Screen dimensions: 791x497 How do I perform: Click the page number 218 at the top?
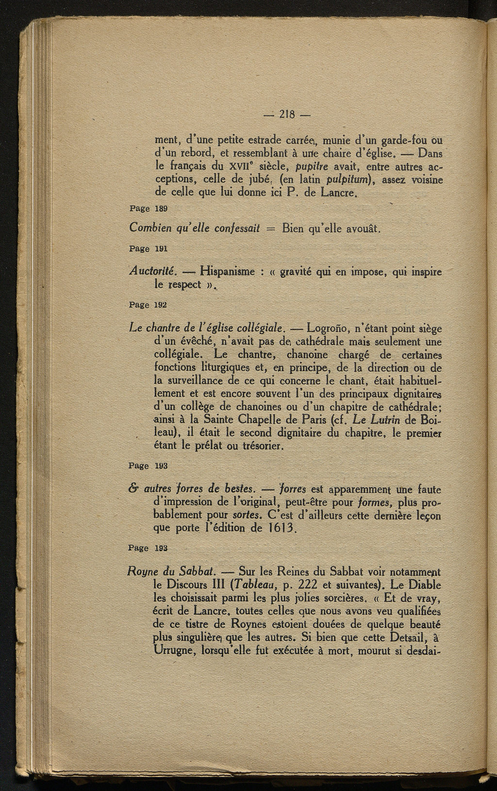point(288,115)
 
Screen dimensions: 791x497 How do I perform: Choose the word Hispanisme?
point(228,272)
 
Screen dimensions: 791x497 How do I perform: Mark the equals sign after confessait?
point(271,228)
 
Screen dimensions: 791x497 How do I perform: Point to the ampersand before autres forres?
point(133,489)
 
